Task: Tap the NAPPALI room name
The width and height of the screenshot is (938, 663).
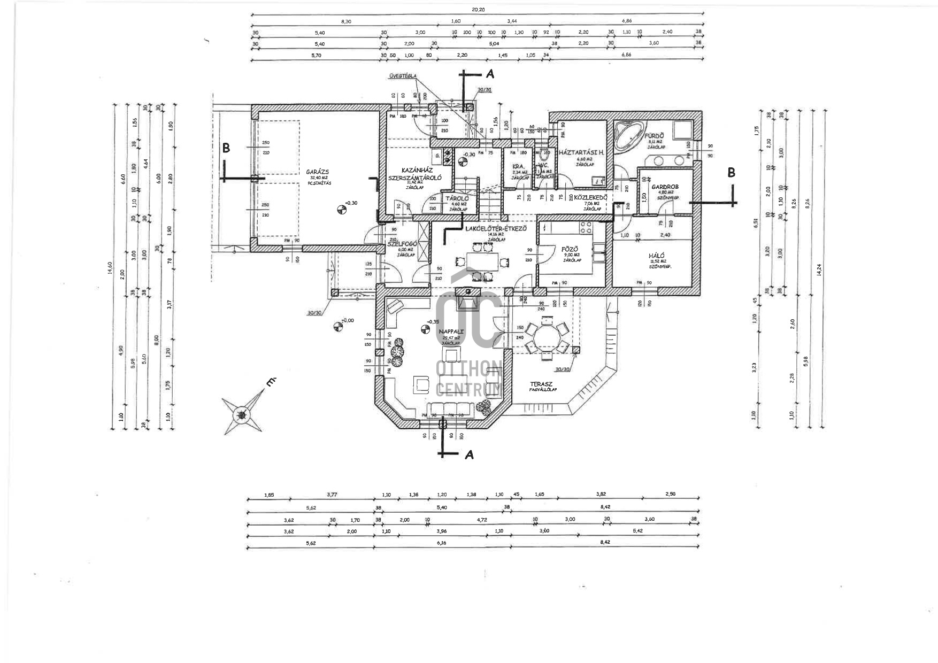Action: [451, 331]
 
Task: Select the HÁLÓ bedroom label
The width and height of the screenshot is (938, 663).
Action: [657, 256]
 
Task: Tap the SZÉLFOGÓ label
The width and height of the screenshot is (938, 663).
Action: [401, 244]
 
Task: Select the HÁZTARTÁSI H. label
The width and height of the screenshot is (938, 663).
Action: [581, 152]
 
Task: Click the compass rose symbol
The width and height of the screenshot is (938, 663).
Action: [243, 414]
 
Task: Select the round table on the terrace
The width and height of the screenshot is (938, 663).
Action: [546, 337]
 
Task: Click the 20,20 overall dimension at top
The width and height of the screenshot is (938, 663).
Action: [478, 10]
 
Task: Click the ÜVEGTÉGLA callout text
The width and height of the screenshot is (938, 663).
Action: [403, 76]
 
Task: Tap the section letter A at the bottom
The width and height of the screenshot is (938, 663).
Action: [469, 454]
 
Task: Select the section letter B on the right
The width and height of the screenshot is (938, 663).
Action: [731, 173]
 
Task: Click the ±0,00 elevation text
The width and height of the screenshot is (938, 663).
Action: [348, 320]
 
